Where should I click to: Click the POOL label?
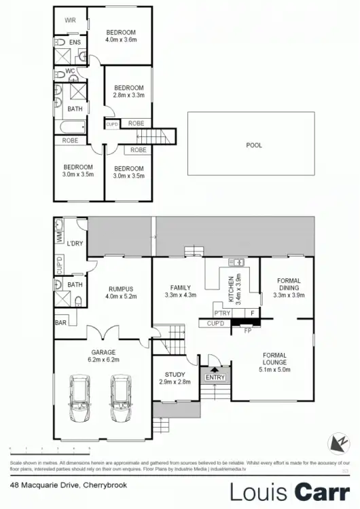(253, 145)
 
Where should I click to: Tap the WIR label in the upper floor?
(70, 21)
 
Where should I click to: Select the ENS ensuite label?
(75, 43)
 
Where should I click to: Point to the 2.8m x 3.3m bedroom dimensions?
(128, 96)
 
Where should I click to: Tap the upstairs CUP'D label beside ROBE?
(112, 124)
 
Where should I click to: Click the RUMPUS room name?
(121, 288)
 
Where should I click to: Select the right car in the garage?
(122, 400)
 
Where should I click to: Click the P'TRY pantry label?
(222, 313)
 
